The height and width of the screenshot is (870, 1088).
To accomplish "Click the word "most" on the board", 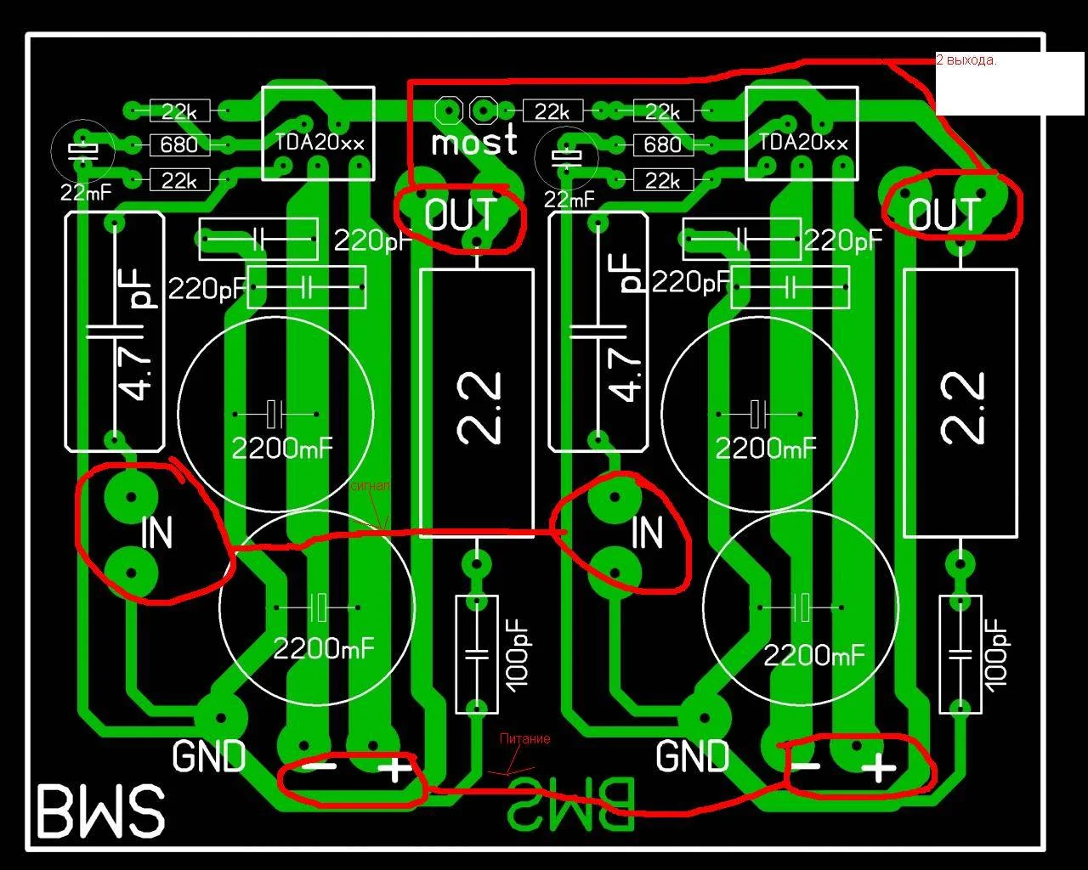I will click(x=473, y=142).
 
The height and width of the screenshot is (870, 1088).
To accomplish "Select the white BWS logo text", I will click(x=99, y=811).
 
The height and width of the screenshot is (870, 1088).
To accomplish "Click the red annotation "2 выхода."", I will click(x=966, y=61).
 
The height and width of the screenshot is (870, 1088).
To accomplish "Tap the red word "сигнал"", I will click(x=371, y=487).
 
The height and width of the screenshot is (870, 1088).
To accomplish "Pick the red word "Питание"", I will click(x=524, y=739).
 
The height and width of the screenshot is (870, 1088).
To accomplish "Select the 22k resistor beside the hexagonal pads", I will click(x=552, y=110).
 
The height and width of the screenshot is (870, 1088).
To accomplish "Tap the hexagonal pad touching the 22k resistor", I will click(x=484, y=110).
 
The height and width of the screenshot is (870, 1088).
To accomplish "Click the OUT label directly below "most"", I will click(x=460, y=215).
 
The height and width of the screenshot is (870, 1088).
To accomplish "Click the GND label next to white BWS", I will click(x=209, y=756).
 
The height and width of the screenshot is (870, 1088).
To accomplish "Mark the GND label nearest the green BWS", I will click(x=693, y=756).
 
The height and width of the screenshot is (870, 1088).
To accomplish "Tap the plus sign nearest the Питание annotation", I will click(x=393, y=771).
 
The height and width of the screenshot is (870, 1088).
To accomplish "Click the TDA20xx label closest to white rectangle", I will click(x=802, y=143).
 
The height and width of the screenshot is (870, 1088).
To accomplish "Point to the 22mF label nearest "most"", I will click(x=569, y=201).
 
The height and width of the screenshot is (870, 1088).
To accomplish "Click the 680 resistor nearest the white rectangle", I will click(x=662, y=144).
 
